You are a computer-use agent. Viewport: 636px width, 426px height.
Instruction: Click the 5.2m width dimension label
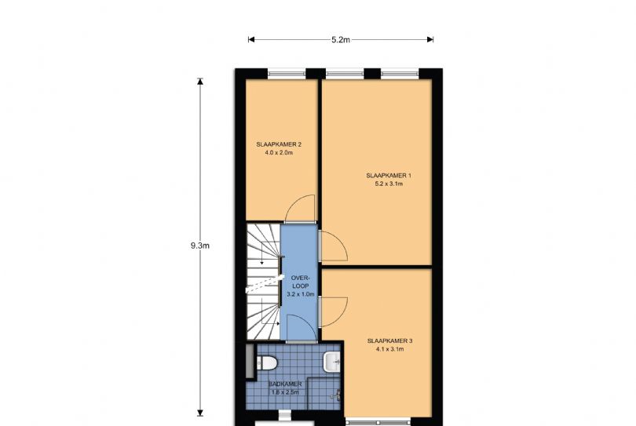click(x=341, y=40)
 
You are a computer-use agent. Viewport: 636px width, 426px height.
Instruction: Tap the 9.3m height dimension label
click(x=200, y=246)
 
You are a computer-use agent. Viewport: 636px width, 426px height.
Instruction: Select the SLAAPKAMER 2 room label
click(x=279, y=144)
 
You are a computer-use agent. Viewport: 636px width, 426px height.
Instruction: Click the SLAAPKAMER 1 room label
click(x=389, y=176)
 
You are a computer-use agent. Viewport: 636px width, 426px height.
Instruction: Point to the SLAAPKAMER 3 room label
click(x=389, y=341)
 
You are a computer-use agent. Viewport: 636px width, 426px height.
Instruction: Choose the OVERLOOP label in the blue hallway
click(x=301, y=282)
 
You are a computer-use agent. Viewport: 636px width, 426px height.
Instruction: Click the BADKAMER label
click(x=285, y=384)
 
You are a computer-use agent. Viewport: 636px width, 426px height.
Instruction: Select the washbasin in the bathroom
click(x=332, y=362)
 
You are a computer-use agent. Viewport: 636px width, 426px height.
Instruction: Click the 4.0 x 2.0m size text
click(x=279, y=153)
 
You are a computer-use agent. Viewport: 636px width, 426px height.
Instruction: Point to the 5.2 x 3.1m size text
click(x=389, y=184)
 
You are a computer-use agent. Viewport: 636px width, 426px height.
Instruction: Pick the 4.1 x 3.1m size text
click(x=389, y=349)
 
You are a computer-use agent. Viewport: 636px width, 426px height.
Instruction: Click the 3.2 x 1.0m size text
click(x=301, y=294)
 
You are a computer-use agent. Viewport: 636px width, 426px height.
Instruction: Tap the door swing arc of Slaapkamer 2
click(x=293, y=202)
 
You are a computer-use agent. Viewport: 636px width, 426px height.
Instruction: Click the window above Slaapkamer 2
click(x=287, y=74)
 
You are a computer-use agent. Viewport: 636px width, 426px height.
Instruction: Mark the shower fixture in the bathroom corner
click(x=336, y=395)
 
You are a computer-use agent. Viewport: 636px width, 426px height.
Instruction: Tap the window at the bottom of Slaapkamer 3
click(x=378, y=422)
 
